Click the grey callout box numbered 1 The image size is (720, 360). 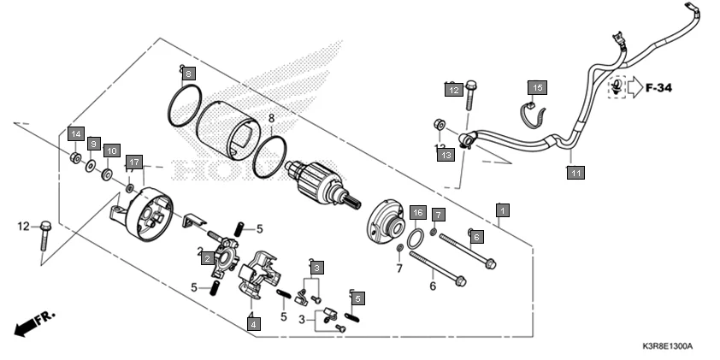pos(504,210)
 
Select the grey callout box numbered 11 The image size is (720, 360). pos(576,173)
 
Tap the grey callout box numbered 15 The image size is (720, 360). pos(537,88)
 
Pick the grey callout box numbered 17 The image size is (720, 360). pos(133,162)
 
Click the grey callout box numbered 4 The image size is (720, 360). pos(253,323)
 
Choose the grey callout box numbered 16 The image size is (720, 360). pos(416,212)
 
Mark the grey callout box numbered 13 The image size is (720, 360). pos(446,155)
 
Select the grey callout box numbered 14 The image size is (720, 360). pos(75,134)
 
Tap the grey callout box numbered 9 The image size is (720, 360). pos(93,143)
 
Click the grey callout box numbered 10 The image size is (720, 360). pos(110,150)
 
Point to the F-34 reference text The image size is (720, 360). pos(659,87)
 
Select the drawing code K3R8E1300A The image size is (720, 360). pos(667,346)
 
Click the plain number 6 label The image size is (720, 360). pos(433,286)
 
